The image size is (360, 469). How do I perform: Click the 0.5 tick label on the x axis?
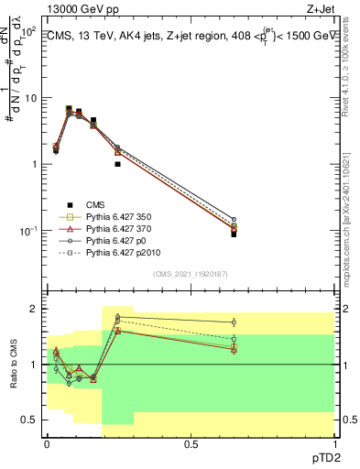coord(191,442)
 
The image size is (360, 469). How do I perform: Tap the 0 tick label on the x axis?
coord(47,442)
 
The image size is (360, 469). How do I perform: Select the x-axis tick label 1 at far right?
coord(334,442)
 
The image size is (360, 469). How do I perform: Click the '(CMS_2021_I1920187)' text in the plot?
coord(190,274)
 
